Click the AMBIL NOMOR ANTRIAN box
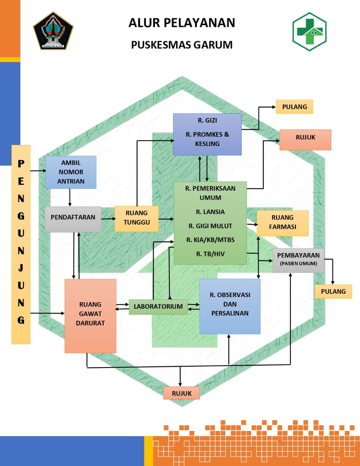pos(71,172)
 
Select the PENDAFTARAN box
pos(73,217)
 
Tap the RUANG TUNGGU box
pos(137,218)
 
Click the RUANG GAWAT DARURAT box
pos(90,314)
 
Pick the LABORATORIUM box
pos(158,307)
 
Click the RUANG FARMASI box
pos(282,222)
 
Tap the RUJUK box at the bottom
pos(182,393)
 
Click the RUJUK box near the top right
pos(305,138)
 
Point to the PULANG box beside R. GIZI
pos(294,107)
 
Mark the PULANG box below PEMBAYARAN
pos(333,291)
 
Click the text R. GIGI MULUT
pos(210,226)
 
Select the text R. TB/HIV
pos(210,254)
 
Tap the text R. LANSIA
pos(210,212)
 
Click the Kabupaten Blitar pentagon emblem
pos(53,31)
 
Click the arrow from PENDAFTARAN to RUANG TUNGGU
pos(108,219)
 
